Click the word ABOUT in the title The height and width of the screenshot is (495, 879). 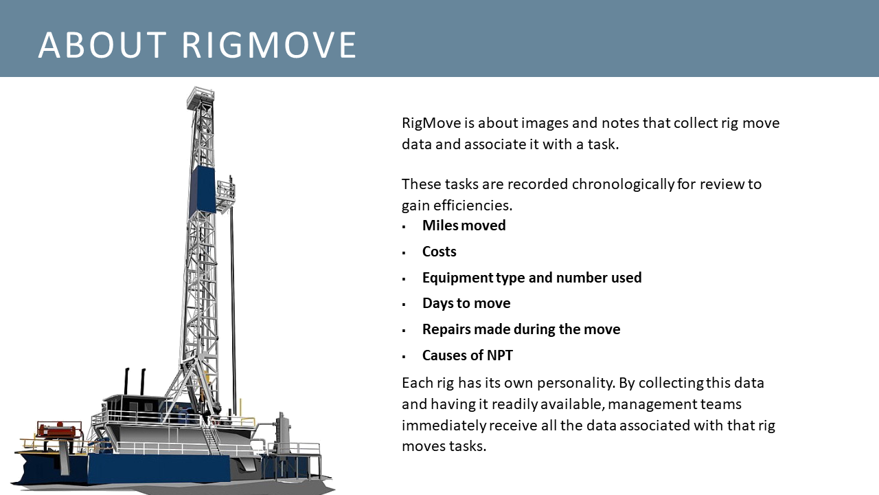[101, 45]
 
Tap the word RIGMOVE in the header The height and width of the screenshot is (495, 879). [269, 45]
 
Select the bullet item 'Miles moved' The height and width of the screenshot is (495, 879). [464, 225]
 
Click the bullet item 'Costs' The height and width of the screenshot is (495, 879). [439, 252]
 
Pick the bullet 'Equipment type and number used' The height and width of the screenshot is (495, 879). [532, 278]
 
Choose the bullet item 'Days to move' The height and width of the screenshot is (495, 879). [466, 303]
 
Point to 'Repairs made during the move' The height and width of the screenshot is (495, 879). [521, 329]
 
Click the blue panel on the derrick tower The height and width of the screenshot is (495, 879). [203, 189]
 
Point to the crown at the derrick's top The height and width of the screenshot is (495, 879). [200, 96]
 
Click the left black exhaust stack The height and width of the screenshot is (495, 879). [127, 382]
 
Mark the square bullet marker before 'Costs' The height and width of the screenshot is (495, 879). [404, 253]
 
